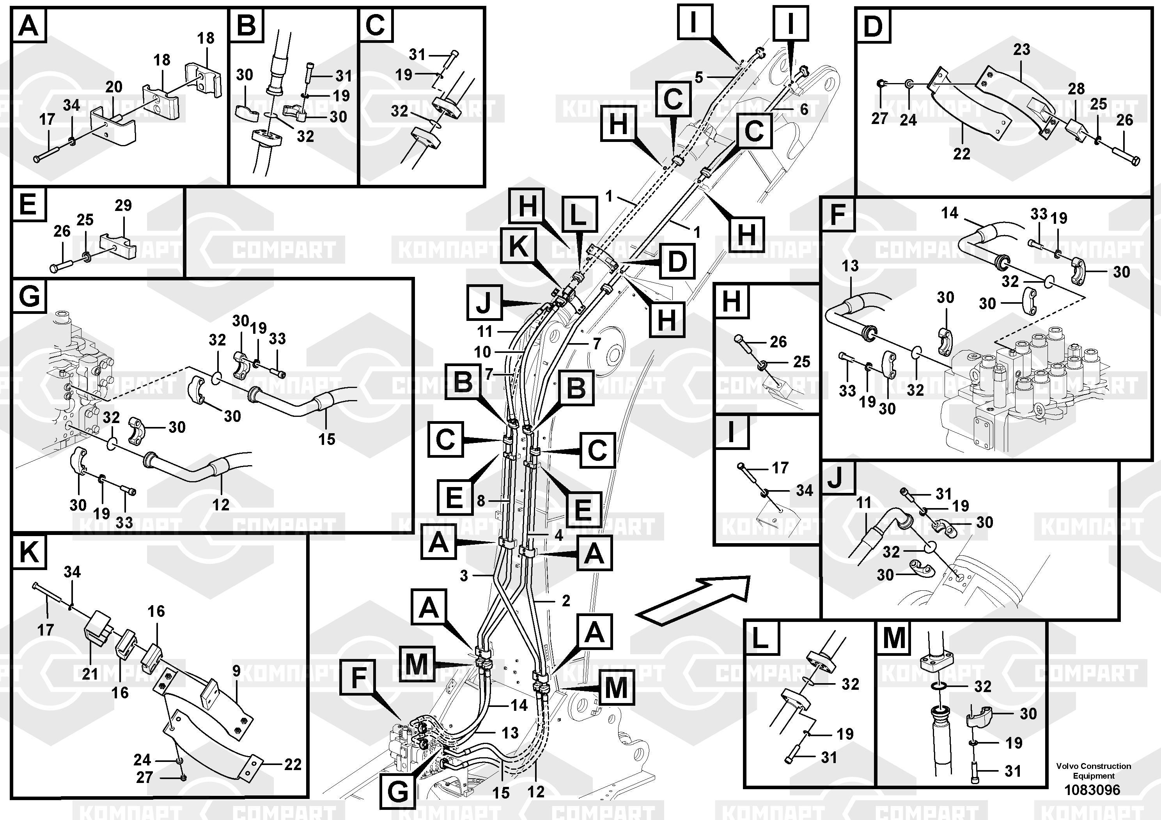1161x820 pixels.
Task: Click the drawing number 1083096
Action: [1092, 790]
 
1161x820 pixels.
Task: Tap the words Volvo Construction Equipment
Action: [1093, 770]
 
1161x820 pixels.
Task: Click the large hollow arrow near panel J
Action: [692, 601]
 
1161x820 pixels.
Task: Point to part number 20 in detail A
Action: [114, 87]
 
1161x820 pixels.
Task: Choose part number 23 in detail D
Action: [1021, 50]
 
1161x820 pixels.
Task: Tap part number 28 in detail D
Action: [1076, 89]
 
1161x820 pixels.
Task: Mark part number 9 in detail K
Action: [237, 671]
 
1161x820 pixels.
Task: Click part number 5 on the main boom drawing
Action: [699, 77]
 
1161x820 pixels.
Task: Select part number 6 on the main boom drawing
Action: [804, 109]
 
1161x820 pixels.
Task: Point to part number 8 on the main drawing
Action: [481, 501]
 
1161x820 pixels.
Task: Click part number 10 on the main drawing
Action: [482, 351]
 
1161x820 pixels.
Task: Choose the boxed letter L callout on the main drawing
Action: [578, 215]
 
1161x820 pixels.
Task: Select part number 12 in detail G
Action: [220, 504]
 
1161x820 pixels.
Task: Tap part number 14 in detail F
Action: [949, 213]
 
